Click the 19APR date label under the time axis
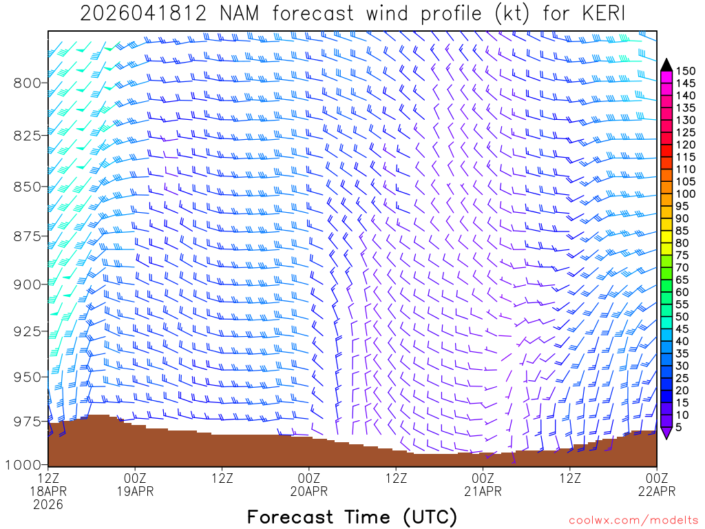(x=136, y=491)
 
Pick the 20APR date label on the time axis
(x=309, y=491)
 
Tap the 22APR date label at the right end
(x=657, y=491)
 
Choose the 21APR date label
(x=483, y=491)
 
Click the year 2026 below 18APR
(x=48, y=504)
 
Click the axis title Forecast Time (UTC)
(x=352, y=517)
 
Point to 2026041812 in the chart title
(x=138, y=14)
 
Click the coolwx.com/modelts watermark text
(x=633, y=520)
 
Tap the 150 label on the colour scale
(x=685, y=71)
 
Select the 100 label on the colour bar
(x=685, y=194)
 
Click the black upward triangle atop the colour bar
(x=666, y=64)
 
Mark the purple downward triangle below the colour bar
(x=666, y=433)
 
